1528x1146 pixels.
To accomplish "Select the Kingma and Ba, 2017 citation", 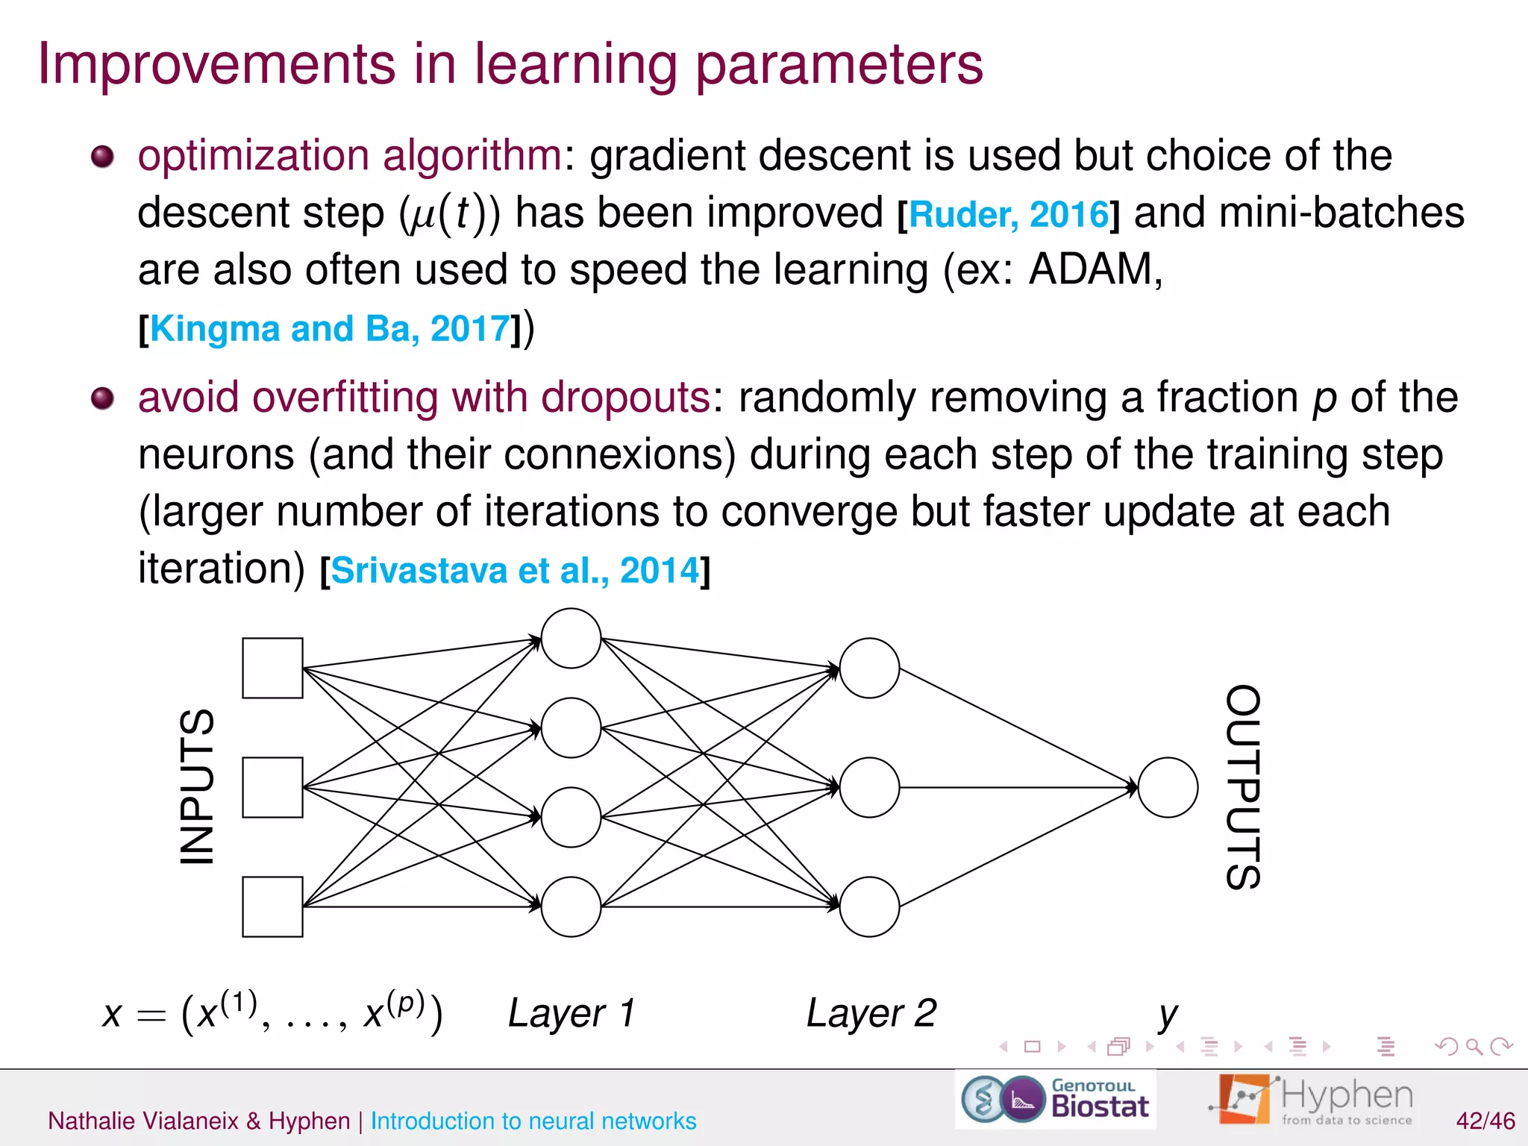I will point(330,329).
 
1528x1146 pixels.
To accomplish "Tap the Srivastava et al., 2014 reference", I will point(515,571).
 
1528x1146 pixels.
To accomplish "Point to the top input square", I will point(272,668).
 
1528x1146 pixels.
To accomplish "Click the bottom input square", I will point(272,907).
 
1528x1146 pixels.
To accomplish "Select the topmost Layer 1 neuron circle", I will point(571,638).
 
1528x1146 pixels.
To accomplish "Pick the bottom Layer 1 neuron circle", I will point(571,907).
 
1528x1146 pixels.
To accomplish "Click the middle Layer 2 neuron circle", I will point(869,787).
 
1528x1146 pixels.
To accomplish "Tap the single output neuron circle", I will point(1168,787).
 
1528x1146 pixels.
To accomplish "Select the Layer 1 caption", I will point(572,1013).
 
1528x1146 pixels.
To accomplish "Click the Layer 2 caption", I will point(871,1013).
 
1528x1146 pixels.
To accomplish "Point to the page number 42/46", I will point(1485,1121).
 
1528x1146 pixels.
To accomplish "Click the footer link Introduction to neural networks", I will point(533,1121).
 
